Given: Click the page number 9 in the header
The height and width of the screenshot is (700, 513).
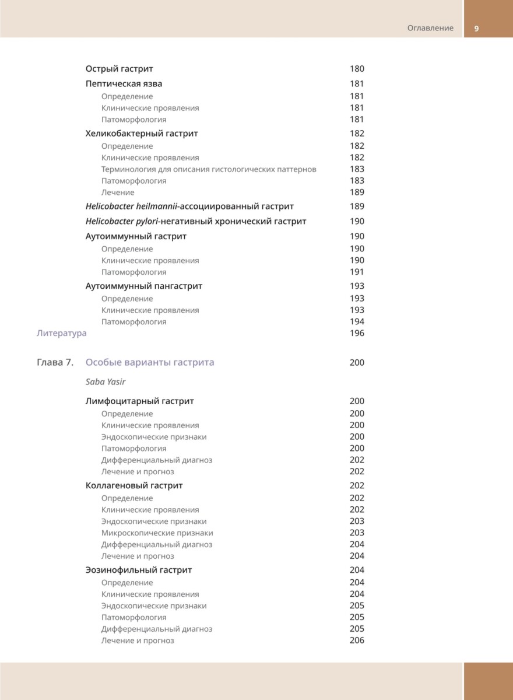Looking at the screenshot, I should coord(476,28).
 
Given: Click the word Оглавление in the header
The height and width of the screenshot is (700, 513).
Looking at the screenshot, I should coord(430,28).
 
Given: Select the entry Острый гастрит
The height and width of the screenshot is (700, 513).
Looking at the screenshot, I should coord(119,69).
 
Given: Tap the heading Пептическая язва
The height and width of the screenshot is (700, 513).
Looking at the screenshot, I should coord(124,83).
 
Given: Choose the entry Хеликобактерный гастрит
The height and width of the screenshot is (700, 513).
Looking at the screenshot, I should coord(142,134).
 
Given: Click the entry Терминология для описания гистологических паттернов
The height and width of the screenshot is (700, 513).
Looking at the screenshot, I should coord(209,169).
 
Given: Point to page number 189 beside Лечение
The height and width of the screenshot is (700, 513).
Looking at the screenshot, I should coord(357,192).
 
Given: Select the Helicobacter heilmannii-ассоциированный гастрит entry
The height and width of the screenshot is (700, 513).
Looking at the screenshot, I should coord(189,206).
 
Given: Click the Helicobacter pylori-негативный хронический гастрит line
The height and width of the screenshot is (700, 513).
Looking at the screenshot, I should coord(196,222).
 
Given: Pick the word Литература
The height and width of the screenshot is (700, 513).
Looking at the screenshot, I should coord(61,334).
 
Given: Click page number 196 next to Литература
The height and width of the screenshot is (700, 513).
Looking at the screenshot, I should coord(357,334).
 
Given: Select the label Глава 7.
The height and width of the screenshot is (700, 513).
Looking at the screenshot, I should coord(55,363).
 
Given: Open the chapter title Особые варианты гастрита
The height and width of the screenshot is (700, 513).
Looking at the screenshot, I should coord(150,363).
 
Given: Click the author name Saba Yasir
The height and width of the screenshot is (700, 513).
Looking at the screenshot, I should coord(106,382).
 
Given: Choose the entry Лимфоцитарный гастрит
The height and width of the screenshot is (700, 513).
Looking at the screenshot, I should coord(140,401).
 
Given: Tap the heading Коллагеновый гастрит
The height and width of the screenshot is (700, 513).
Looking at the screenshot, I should coord(134,486).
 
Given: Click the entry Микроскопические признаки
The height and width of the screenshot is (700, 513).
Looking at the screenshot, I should coord(157,533).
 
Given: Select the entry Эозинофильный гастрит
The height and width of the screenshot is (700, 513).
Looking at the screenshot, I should coord(139,570).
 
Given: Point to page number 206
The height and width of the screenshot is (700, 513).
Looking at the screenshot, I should coord(357,640).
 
